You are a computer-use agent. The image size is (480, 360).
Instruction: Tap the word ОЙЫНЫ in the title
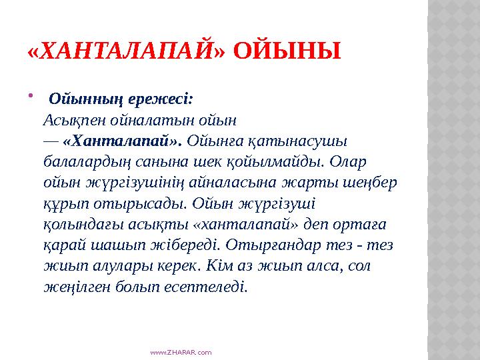pyautogui.click(x=288, y=50)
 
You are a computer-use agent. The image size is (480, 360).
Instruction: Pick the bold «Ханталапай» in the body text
pyautogui.click(x=122, y=141)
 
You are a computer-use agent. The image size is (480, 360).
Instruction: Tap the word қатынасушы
pyautogui.click(x=299, y=141)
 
